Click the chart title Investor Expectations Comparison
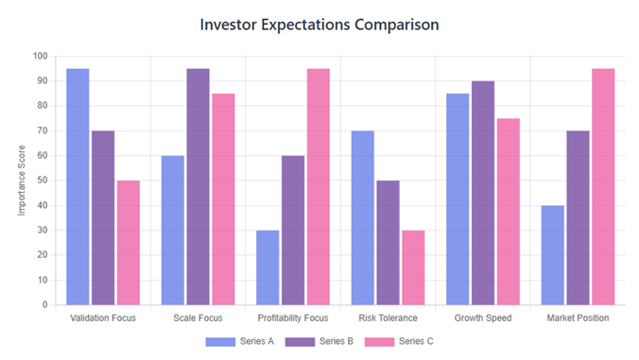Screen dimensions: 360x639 pos(319,25)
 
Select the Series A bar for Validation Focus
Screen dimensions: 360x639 pos(78,187)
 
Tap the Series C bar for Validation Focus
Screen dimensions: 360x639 pos(128,243)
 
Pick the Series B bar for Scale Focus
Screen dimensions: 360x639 pos(198,187)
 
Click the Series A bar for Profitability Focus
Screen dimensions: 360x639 pos(268,267)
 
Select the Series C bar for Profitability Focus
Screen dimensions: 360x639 pos(318,187)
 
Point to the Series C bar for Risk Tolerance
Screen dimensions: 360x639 pos(412,267)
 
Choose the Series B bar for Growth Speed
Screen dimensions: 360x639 pos(482,193)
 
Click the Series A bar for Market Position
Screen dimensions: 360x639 pos(552,255)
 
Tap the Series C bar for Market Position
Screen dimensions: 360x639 pos(602,187)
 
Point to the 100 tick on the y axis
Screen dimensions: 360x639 pos(40,56)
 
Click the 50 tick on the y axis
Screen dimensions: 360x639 pos(42,180)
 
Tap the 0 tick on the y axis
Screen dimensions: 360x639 pos(44,305)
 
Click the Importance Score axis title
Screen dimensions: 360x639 pos(22,180)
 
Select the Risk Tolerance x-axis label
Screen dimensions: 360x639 pos(388,318)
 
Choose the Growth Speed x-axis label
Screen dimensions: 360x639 pos(482,318)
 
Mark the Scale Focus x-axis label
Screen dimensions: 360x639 pos(198,318)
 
